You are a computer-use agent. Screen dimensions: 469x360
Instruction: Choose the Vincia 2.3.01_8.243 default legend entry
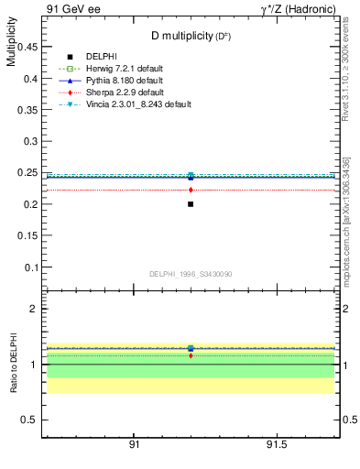(136, 104)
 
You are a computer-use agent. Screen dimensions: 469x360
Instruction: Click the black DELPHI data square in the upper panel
(191, 203)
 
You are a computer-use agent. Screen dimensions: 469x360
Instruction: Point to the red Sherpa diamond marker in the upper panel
(191, 190)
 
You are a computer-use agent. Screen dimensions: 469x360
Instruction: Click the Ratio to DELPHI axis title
(12, 363)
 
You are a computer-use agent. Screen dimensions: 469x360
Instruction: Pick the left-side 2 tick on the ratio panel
(34, 309)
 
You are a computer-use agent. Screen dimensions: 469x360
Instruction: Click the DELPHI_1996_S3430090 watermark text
(190, 274)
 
